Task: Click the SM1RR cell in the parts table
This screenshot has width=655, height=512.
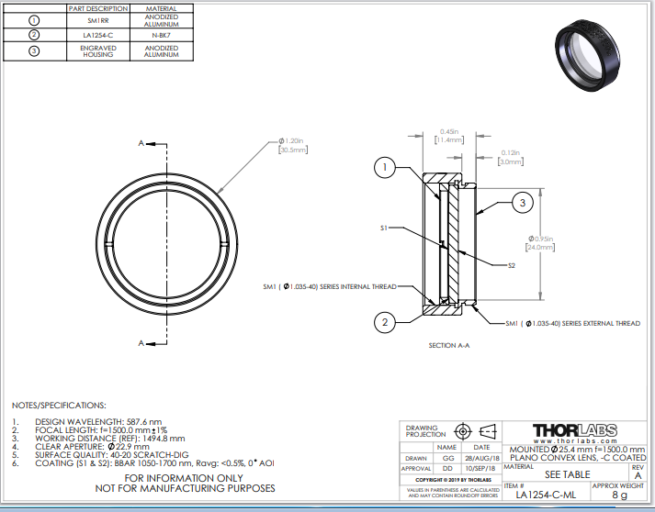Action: coord(103,19)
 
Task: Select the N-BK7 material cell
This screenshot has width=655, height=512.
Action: coord(161,35)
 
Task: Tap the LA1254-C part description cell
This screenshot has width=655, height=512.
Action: coord(103,35)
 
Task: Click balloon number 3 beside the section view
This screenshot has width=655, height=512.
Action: coord(521,203)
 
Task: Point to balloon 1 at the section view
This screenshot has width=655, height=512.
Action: coord(387,168)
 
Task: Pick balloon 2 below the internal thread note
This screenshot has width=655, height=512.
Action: coord(387,321)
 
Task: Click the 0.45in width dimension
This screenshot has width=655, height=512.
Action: coord(450,136)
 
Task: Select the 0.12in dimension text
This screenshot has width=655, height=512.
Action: coord(511,157)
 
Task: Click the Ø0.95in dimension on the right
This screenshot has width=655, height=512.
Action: coord(539,242)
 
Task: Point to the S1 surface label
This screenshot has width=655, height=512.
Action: coord(385,228)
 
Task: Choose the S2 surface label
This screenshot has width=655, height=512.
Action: coord(511,265)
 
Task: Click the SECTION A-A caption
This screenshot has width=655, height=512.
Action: coord(449,346)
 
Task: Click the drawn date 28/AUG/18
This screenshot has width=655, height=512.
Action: coord(481,456)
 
